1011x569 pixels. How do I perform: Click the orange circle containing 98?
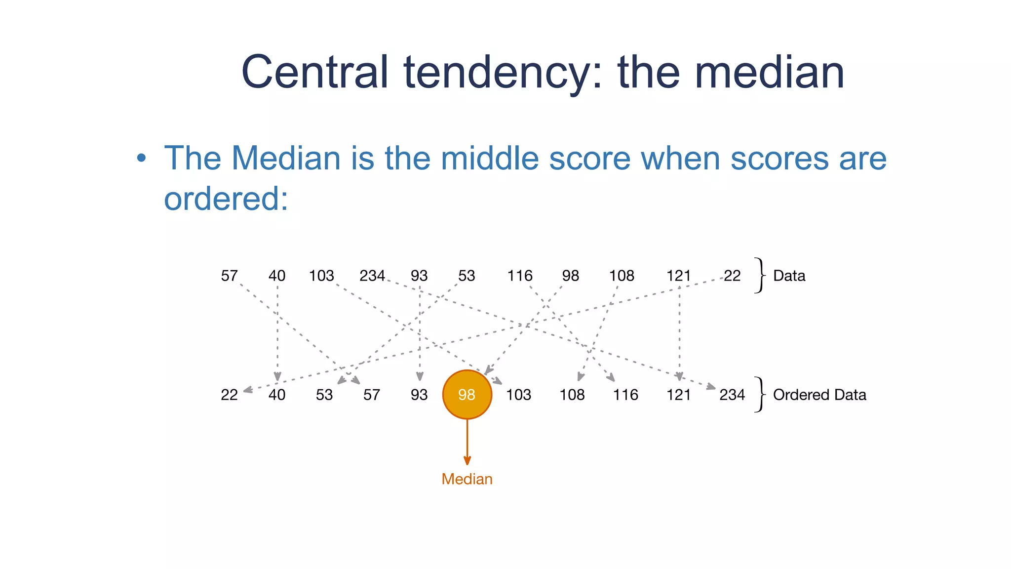(x=467, y=394)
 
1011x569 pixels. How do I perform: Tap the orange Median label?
(x=467, y=479)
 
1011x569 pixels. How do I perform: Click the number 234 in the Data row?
(x=372, y=276)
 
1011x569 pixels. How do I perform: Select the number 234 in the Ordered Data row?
(x=732, y=395)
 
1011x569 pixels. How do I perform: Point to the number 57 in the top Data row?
(x=229, y=276)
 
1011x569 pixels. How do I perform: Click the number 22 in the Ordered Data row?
(x=229, y=395)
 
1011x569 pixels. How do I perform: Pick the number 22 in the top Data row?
(x=732, y=276)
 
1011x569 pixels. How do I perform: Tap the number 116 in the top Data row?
(x=520, y=276)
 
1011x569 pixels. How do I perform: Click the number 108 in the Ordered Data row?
(x=572, y=395)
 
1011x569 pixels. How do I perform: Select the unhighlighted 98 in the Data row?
(x=570, y=276)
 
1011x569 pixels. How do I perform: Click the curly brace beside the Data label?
(x=760, y=275)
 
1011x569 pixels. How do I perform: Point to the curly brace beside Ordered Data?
(x=760, y=394)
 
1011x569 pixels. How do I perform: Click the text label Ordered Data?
(x=819, y=395)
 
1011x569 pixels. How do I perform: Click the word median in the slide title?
(x=770, y=73)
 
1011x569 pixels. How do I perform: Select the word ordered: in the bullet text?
(x=226, y=199)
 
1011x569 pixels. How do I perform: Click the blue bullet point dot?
(x=142, y=158)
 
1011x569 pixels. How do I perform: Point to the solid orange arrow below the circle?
(x=467, y=442)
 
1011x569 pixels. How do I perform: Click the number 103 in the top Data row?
(x=321, y=276)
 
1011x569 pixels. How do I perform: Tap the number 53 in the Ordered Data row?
(x=324, y=395)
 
